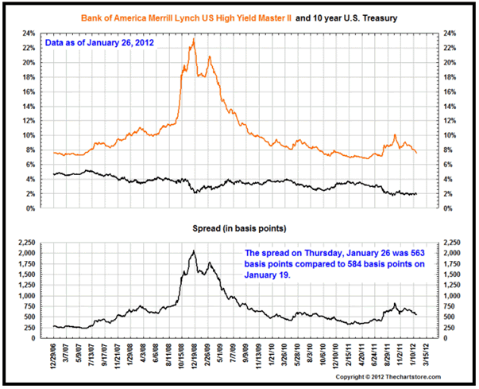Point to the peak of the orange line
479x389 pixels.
point(194,39)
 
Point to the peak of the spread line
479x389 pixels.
point(194,251)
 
